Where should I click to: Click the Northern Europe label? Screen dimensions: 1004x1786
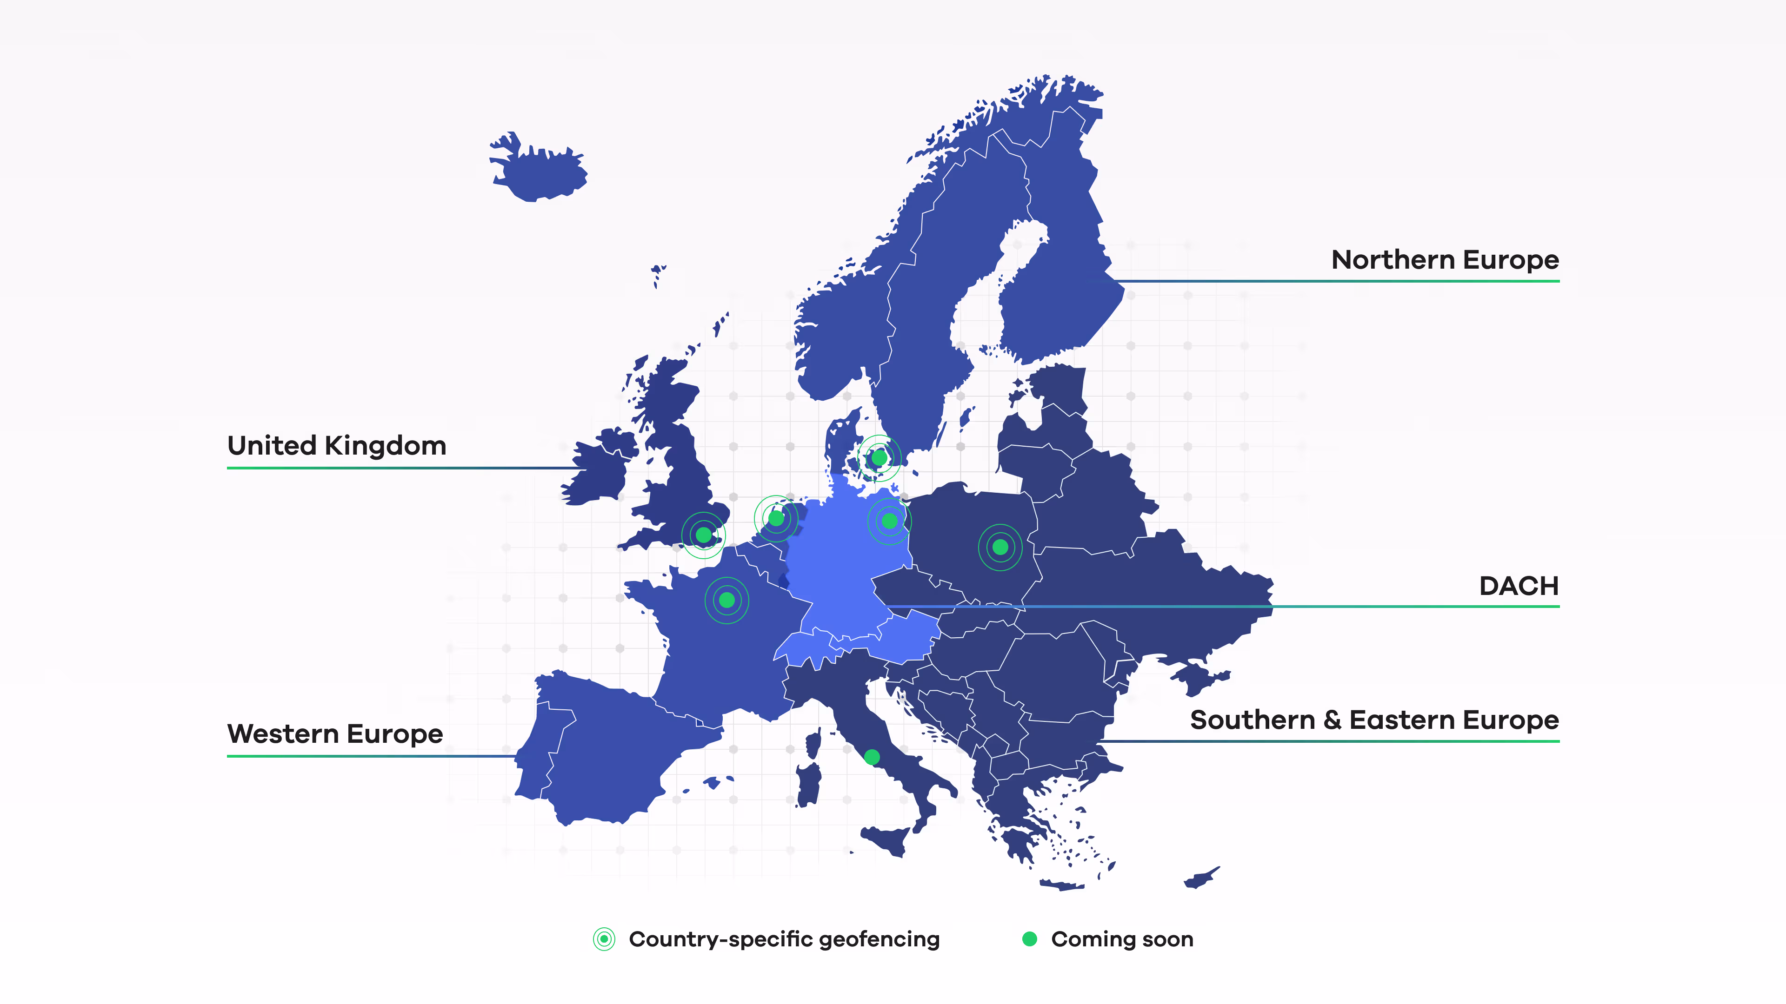pos(1445,260)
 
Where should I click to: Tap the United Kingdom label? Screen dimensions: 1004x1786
pos(337,446)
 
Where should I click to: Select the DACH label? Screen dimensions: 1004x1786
pos(1519,586)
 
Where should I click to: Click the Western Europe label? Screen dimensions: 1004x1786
pos(335,734)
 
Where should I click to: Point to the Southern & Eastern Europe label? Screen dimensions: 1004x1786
pos(1374,720)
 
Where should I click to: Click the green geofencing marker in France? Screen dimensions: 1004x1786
pos(726,600)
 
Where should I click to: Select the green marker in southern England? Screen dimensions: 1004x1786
pos(703,535)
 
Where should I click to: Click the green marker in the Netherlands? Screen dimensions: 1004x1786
pos(776,518)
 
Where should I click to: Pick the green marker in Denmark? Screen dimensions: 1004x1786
pos(879,458)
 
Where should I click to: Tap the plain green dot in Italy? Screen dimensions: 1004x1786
pos(872,757)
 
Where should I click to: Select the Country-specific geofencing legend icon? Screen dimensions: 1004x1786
pos(604,939)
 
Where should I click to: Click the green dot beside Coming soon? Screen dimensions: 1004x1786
pos(1030,939)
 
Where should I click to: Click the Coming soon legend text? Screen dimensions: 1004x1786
pos(1122,939)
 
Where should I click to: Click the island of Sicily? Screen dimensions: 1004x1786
pos(887,840)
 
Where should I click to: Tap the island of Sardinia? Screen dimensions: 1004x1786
pos(808,783)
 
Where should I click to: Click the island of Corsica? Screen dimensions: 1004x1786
pos(813,745)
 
